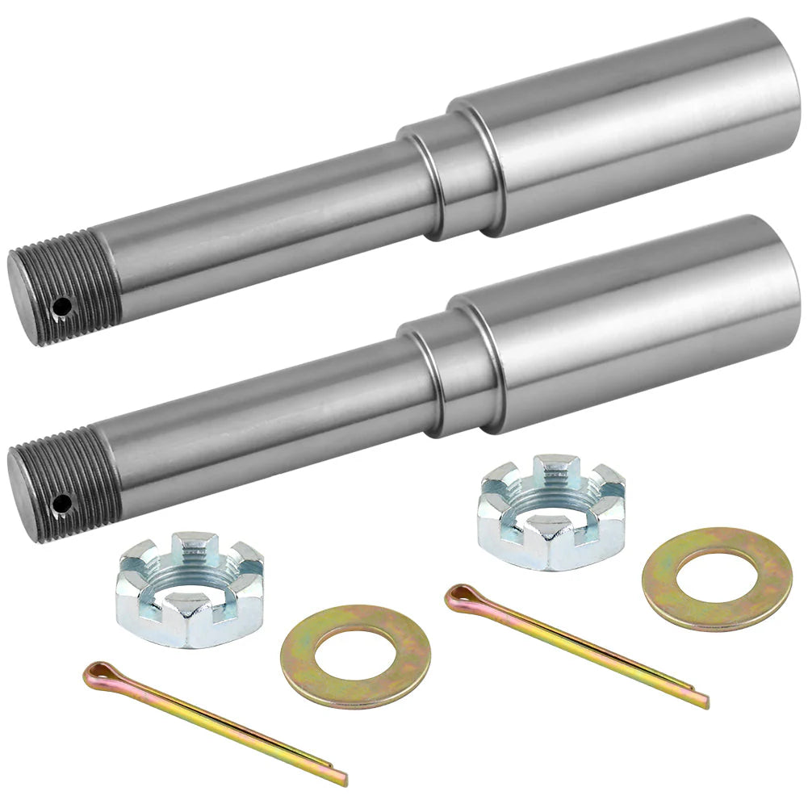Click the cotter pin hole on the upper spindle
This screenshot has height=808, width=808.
coord(60,307)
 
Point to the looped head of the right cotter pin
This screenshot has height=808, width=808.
coord(461,597)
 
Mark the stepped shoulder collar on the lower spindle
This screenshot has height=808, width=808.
coord(452,373)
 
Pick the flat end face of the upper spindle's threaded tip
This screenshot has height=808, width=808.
coord(32,299)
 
